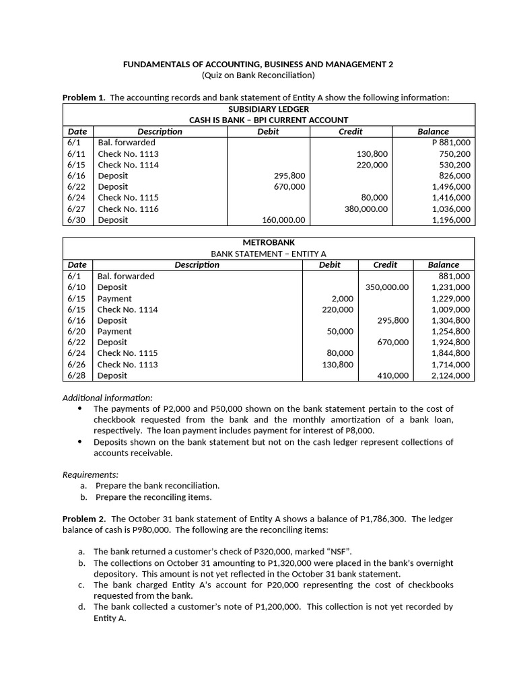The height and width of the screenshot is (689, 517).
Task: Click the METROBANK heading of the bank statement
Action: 269,242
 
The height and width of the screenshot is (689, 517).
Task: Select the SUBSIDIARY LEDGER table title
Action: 269,109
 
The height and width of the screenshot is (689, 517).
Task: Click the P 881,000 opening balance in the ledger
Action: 451,143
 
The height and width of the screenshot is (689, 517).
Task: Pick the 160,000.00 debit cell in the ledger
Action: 283,220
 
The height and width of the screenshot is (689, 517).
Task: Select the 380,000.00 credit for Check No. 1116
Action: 366,209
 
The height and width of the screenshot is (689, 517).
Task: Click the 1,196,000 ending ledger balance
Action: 451,220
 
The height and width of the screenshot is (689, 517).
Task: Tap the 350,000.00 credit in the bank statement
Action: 386,287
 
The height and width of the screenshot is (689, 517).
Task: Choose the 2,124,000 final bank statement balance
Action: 450,375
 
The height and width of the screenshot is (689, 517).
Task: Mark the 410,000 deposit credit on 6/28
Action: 392,375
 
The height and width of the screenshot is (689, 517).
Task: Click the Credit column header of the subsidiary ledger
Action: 350,131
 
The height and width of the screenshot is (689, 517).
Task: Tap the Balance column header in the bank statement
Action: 444,264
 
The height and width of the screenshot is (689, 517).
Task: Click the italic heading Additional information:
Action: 107,397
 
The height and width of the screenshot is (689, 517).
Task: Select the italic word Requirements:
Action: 90,474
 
